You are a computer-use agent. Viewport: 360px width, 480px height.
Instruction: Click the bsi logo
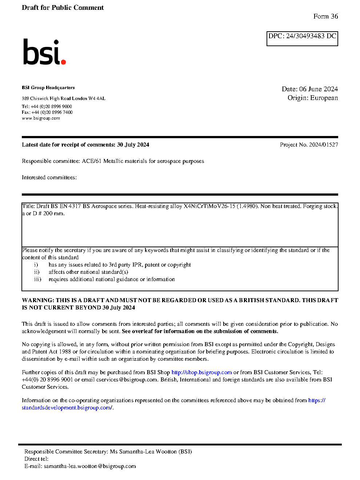44,52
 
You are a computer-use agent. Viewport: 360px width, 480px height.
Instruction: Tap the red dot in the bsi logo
63,62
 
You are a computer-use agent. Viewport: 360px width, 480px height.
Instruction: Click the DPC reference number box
302,39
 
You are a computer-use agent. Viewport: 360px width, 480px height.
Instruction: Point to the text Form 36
325,16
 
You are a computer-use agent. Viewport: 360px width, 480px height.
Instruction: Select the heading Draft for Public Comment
63,8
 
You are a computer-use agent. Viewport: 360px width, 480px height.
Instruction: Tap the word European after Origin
324,98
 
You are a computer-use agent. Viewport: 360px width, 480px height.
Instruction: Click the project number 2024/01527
323,145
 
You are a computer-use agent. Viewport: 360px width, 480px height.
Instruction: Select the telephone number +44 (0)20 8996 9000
51,107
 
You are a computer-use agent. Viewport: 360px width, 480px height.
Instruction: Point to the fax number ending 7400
52,112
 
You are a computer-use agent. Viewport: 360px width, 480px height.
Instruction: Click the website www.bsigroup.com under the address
41,118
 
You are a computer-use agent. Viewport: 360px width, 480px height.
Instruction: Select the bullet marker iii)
37,279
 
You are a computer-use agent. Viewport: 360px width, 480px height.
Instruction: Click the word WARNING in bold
38,300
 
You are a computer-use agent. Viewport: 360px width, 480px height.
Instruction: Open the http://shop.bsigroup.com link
201,372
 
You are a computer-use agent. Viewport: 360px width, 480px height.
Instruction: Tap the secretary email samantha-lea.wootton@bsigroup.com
90,466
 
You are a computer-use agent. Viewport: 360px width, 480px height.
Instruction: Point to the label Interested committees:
49,177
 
